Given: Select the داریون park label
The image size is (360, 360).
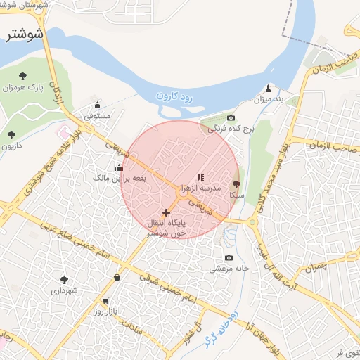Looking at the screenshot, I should (x=11, y=146).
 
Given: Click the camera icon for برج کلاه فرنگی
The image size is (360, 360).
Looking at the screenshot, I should (x=231, y=118).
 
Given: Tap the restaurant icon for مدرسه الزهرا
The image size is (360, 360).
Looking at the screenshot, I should (x=200, y=178).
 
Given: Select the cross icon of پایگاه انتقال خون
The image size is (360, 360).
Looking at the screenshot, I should (x=166, y=212).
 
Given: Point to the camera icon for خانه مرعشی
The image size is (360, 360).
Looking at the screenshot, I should (x=228, y=258).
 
